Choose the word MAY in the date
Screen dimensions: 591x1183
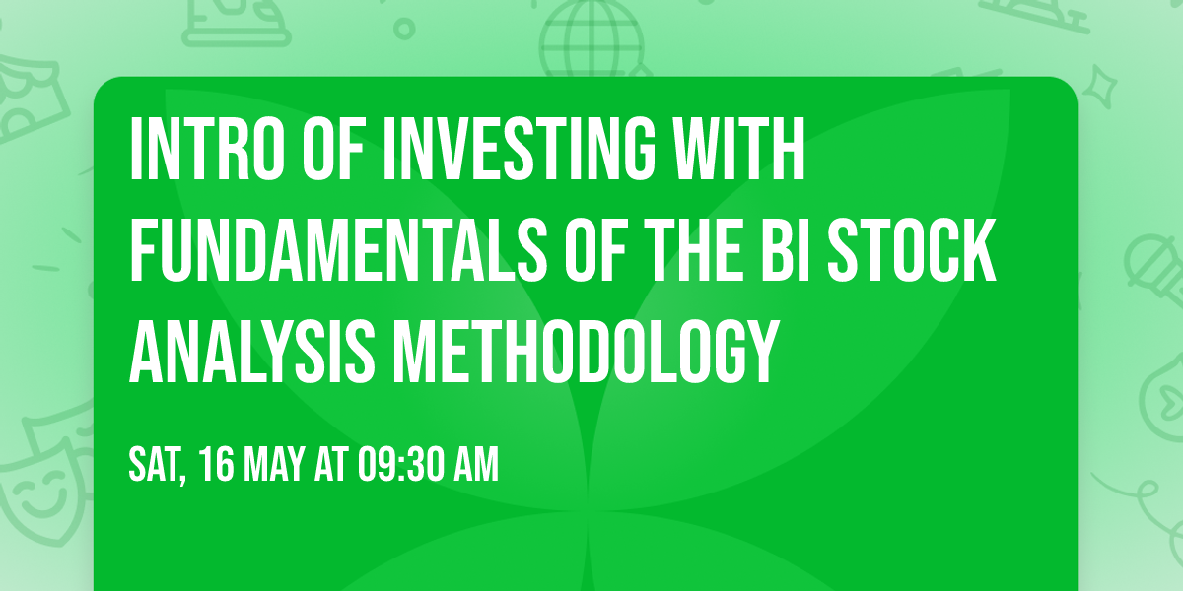276,465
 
